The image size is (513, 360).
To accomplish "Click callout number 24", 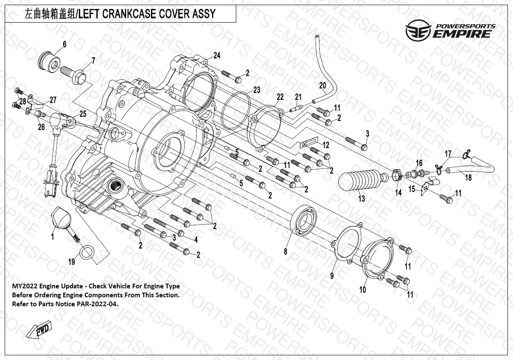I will pyautogui.click(x=217, y=55).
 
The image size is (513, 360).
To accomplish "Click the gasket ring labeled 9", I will pyautogui.click(x=347, y=245).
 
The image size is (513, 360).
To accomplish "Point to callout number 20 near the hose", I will pyautogui.click(x=322, y=85).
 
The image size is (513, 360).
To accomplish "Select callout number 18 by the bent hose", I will pyautogui.click(x=468, y=178).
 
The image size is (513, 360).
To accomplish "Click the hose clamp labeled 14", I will pyautogui.click(x=397, y=176).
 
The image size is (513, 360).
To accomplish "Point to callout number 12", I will pyautogui.click(x=326, y=145).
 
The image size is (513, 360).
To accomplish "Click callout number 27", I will pyautogui.click(x=53, y=101).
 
